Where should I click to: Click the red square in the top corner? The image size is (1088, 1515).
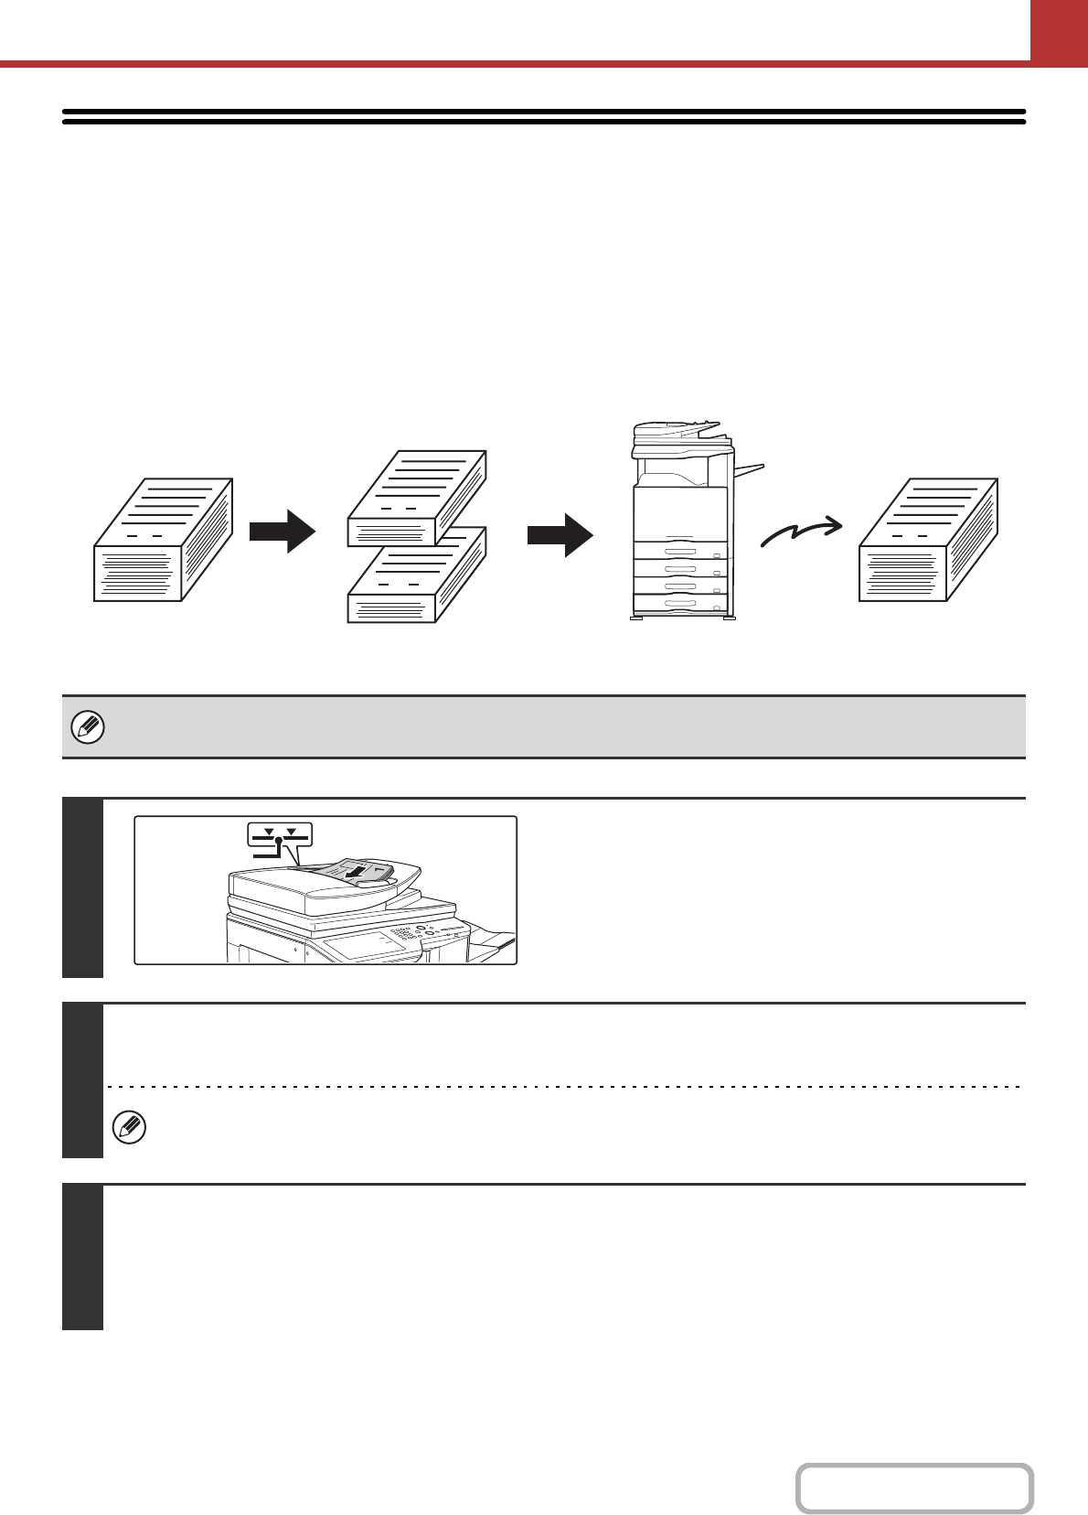[1059, 30]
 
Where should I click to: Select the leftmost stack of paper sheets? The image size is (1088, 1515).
[163, 540]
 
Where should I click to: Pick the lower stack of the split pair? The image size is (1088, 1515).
[417, 576]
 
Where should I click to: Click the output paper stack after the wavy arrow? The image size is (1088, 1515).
[928, 540]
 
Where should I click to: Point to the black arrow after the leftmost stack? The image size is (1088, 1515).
[283, 531]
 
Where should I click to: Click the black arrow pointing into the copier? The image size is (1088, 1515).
[560, 534]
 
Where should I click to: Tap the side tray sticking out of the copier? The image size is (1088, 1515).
[749, 470]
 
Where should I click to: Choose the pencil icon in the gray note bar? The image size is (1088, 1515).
[88, 728]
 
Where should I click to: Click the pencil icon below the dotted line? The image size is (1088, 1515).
[129, 1128]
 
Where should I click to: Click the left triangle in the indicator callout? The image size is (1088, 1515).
[269, 833]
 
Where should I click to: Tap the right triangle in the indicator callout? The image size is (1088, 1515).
[292, 833]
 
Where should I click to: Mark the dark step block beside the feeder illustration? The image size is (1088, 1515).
[82, 887]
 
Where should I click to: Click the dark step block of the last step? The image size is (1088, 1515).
[82, 1257]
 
